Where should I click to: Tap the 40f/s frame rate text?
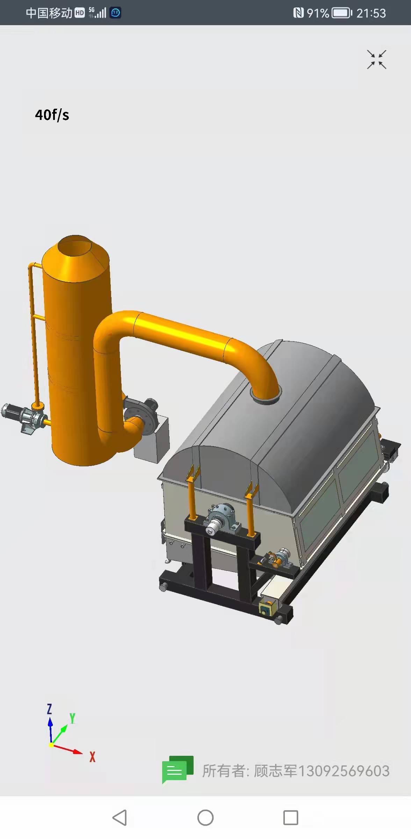pos(52,115)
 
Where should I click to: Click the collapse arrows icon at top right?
pos(376,59)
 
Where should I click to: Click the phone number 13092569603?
pos(344,771)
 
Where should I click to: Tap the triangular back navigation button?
pos(120,818)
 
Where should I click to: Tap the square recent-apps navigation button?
pos(290,818)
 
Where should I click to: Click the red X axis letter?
pos(92,756)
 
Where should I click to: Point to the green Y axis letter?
pos(72,718)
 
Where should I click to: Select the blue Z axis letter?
pos(49,709)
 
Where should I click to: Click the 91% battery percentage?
pos(318,13)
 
